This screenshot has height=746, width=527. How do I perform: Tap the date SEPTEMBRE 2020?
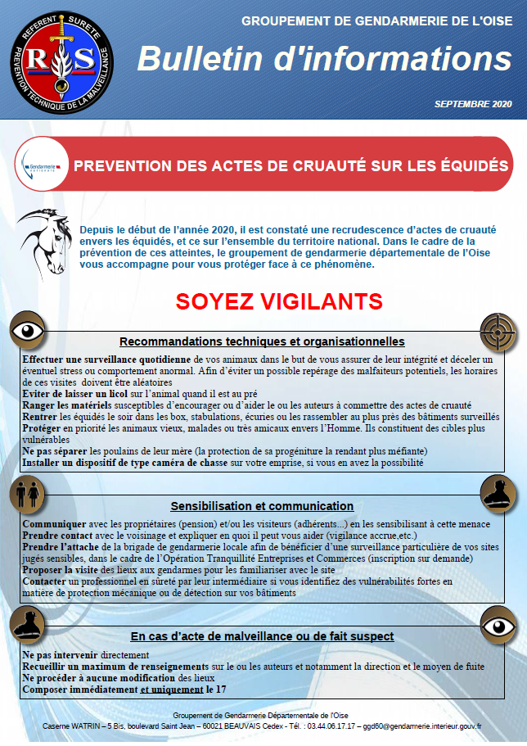(x=473, y=105)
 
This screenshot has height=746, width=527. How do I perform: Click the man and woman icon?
(x=27, y=495)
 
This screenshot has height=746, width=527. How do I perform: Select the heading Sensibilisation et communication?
(x=262, y=506)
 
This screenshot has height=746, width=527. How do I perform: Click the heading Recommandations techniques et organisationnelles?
(x=262, y=341)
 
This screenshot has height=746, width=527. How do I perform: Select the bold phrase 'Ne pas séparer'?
(x=56, y=451)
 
